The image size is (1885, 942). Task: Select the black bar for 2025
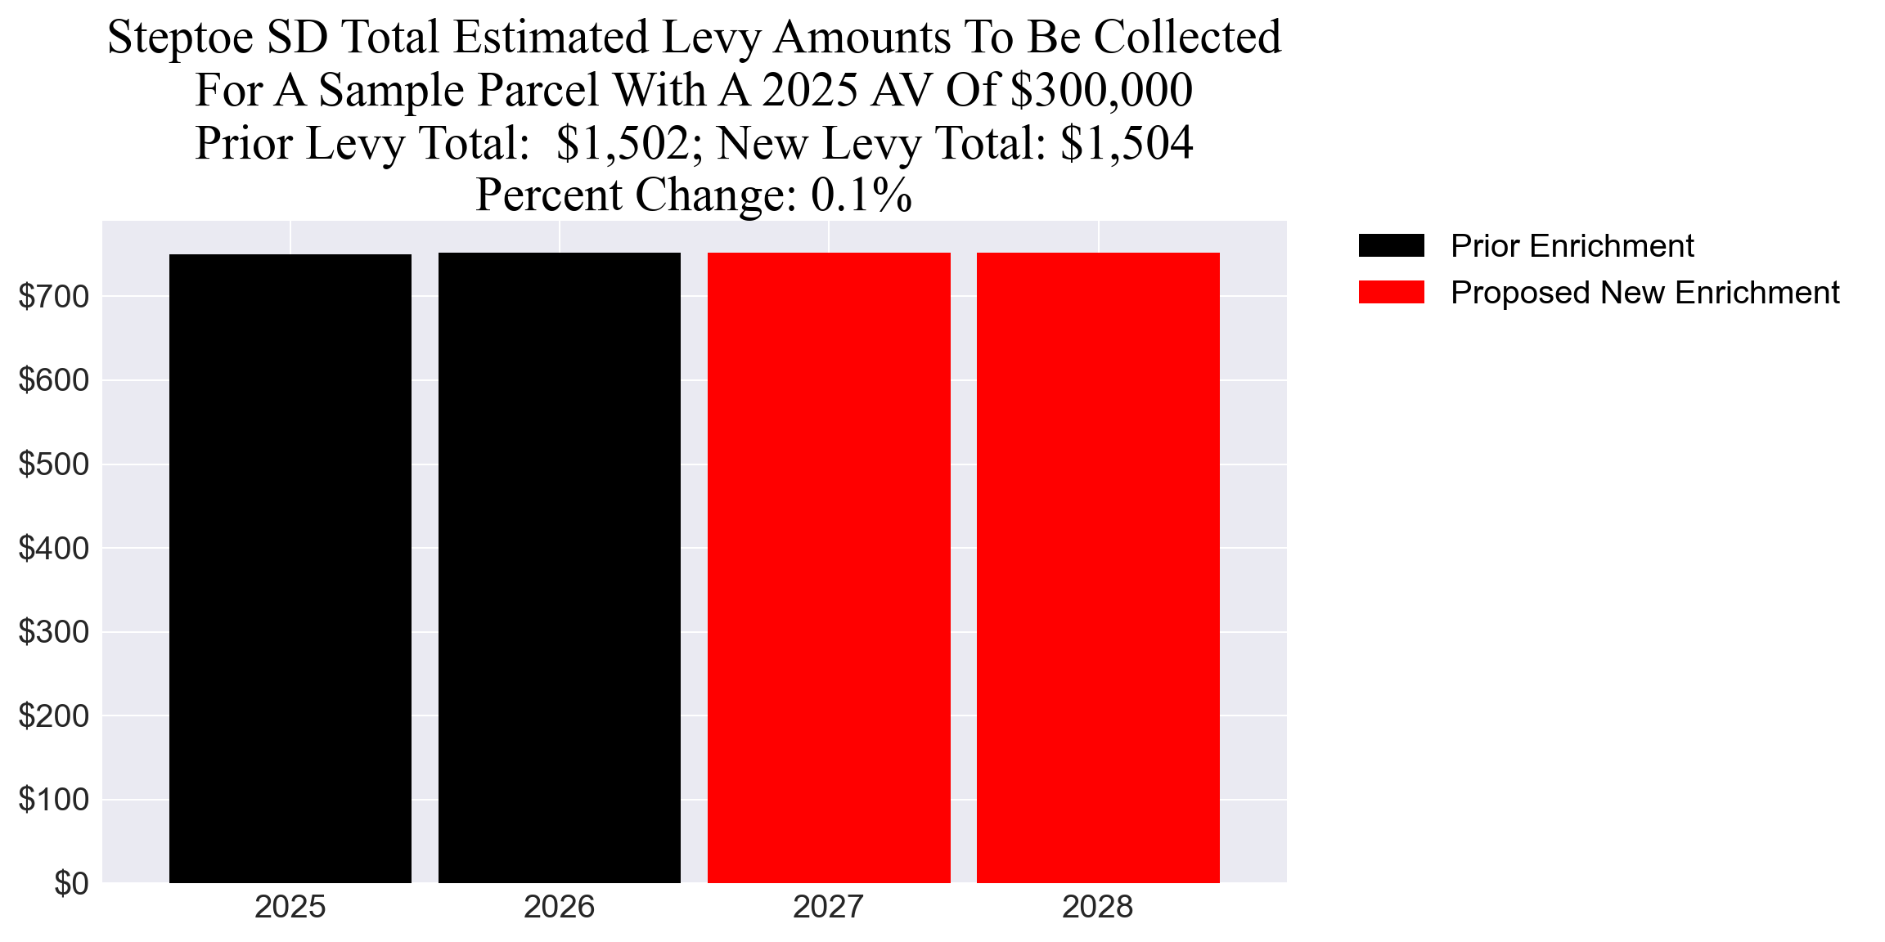290,568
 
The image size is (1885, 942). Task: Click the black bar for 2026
560,568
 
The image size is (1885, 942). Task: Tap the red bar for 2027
829,568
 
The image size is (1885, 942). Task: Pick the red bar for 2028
1098,568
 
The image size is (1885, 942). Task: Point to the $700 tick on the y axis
53,297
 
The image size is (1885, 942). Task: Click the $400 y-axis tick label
53,548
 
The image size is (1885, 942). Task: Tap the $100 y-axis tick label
53,799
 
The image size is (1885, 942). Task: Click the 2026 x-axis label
560,908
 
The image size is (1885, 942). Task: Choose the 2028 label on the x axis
1098,908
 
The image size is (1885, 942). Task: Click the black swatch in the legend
1391,245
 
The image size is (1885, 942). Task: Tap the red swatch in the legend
1391,292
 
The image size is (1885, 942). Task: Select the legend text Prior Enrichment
1572,246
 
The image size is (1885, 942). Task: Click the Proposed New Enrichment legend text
1644,293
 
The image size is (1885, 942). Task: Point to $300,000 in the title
1101,90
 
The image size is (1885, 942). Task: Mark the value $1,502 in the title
623,143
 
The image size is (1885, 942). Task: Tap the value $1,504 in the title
1127,143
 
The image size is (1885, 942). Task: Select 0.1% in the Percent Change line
861,195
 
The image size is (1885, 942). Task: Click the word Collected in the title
1187,38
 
